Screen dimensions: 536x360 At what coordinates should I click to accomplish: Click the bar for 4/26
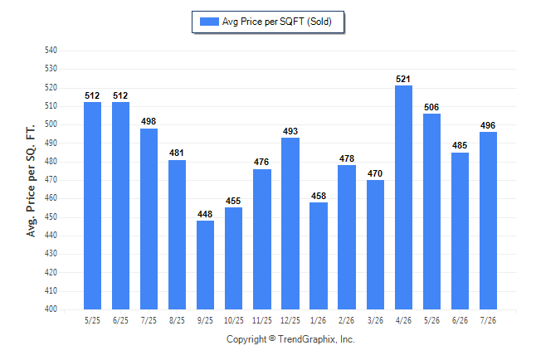tap(403, 197)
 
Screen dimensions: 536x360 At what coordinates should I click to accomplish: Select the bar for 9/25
tap(205, 265)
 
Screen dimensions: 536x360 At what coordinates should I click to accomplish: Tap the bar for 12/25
tap(290, 224)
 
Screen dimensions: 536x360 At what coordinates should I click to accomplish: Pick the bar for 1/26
tap(319, 255)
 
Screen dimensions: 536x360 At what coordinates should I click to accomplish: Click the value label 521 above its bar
tap(403, 80)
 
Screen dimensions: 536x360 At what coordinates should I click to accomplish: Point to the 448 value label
tap(205, 214)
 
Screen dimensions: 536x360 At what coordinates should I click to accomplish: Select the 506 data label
tap(431, 107)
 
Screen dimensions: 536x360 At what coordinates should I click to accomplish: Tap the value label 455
tap(233, 201)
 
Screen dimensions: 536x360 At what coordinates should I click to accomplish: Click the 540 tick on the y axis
tap(51, 51)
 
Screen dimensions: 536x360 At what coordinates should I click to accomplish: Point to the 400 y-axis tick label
tap(51, 309)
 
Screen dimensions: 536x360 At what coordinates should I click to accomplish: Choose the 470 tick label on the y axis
tap(51, 180)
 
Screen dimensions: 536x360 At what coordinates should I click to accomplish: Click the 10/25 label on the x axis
tap(234, 320)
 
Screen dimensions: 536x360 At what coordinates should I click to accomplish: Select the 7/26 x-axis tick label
tap(488, 320)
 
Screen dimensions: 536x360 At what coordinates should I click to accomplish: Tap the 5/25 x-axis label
tap(92, 320)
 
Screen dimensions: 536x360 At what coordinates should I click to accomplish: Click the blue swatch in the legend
tap(209, 22)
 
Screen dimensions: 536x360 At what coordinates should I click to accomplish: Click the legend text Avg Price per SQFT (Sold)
tap(277, 22)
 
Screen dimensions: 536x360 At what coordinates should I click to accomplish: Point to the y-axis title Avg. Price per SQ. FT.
tap(31, 181)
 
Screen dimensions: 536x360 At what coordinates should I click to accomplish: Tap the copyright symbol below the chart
tap(272, 338)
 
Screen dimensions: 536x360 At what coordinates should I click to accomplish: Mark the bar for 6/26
tap(460, 231)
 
